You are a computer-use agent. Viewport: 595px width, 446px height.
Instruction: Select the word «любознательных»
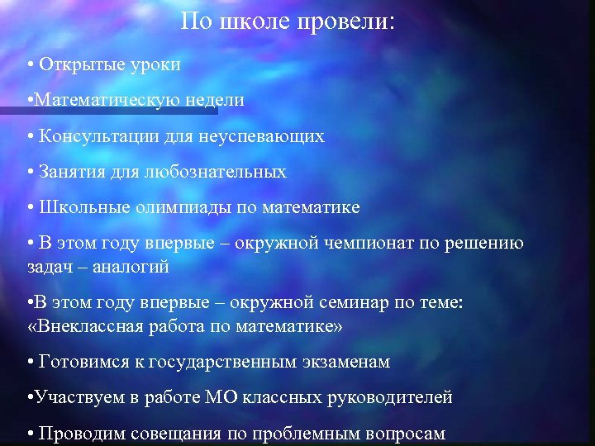click(x=218, y=172)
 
